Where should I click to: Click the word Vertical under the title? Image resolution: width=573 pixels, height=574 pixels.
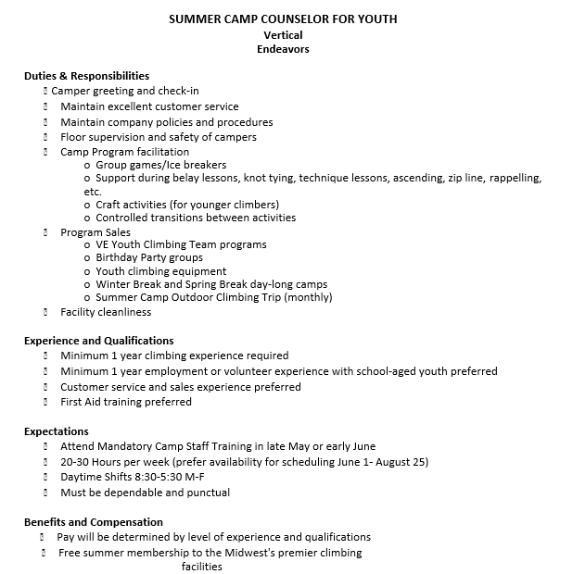[283, 35]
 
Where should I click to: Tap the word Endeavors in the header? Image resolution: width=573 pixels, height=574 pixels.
[283, 49]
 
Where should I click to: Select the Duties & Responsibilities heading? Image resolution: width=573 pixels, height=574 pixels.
[86, 76]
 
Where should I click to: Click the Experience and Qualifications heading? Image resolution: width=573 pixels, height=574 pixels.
[98, 341]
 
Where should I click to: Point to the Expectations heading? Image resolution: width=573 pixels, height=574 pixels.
[57, 431]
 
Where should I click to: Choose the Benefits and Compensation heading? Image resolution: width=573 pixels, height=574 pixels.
[93, 522]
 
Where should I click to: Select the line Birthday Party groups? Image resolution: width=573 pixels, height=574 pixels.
[149, 257]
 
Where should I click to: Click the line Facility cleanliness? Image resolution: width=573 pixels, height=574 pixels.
[106, 312]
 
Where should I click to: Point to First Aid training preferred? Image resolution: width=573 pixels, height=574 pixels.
[126, 402]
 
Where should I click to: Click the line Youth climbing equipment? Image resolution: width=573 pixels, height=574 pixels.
[160, 271]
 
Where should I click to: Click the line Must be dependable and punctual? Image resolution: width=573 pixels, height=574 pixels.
[145, 493]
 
